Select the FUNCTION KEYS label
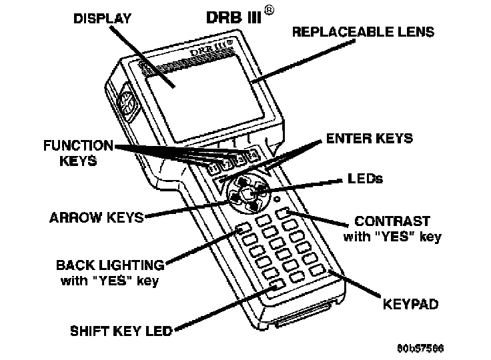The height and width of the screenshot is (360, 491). point(78,153)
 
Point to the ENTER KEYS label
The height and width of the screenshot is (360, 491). point(369,139)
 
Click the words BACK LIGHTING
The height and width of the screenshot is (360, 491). point(109,265)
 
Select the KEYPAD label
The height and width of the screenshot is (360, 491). point(410,305)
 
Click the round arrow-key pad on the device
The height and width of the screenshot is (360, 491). point(246,193)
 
